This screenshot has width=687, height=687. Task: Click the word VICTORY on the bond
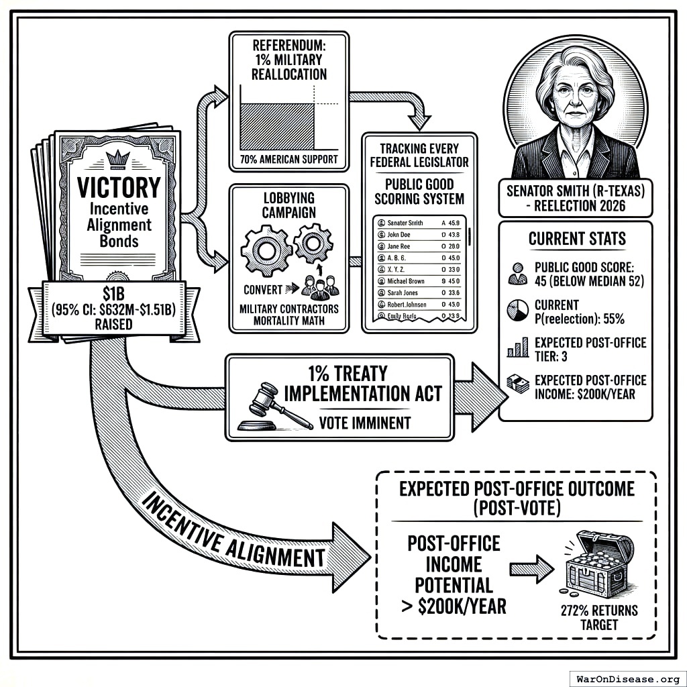119,187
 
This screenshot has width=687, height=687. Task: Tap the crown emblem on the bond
118,160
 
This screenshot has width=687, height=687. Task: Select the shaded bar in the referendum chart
277,126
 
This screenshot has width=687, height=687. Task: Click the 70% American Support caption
289,161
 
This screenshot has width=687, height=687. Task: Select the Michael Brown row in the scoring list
416,281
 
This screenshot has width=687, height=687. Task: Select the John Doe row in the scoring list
416,235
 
